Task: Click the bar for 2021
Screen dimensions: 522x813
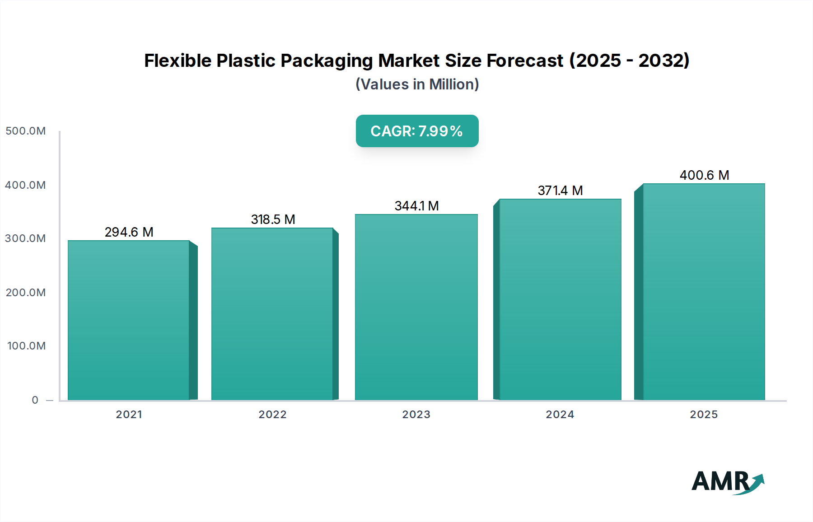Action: (129, 320)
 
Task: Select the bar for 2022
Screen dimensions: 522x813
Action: (272, 314)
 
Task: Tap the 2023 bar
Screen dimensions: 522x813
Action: (416, 307)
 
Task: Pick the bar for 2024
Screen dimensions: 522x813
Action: (560, 299)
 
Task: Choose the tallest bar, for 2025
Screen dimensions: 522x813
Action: (704, 292)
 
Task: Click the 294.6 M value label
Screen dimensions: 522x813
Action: (129, 232)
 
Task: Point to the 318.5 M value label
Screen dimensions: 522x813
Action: (273, 219)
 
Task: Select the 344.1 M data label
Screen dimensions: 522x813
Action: (416, 206)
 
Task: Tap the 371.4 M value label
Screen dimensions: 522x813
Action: (560, 191)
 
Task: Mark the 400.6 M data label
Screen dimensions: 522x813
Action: (704, 175)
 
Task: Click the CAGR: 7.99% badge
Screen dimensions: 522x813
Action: (417, 131)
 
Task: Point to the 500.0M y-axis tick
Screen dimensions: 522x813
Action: (26, 131)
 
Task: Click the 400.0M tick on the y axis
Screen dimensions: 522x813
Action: (26, 185)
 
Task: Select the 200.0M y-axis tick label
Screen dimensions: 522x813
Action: (26, 293)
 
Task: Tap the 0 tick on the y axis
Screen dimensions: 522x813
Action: (35, 400)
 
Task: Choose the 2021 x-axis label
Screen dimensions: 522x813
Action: (129, 415)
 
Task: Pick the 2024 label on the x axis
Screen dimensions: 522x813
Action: (560, 415)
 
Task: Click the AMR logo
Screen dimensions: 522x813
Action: (727, 482)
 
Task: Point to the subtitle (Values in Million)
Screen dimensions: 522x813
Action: (417, 84)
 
